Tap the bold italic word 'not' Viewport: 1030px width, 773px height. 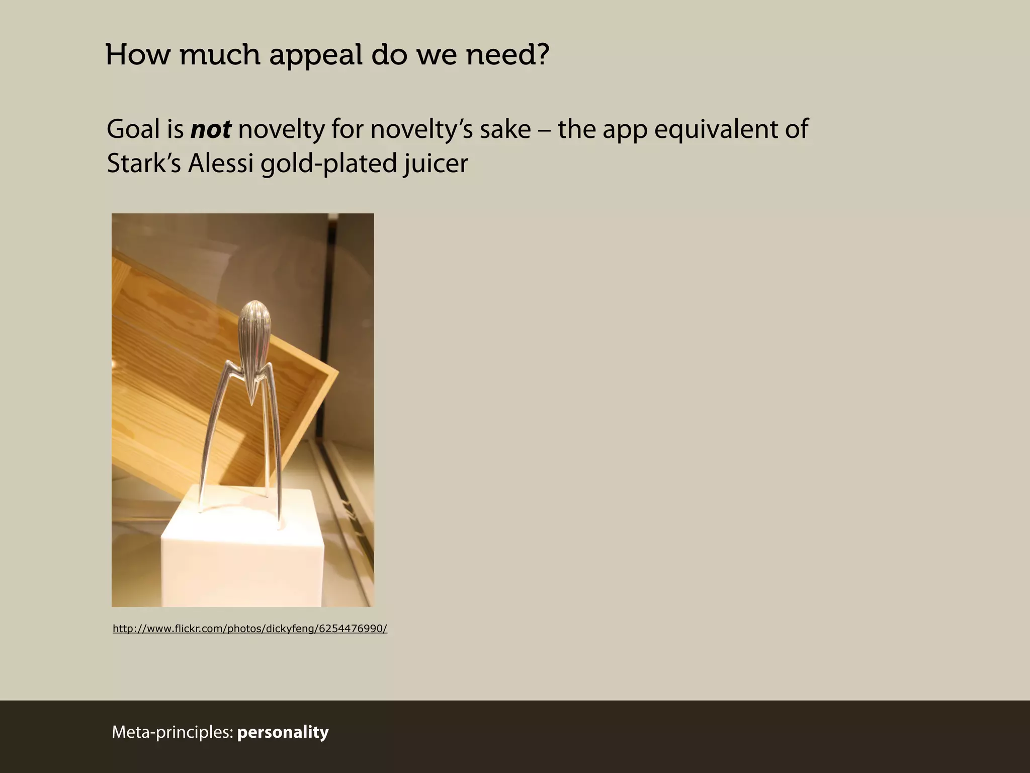coord(211,129)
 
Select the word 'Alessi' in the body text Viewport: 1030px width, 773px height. coord(221,164)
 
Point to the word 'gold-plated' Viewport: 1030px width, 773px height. coord(328,164)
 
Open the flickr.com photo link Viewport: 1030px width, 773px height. coord(249,629)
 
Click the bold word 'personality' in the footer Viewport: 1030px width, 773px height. coord(283,732)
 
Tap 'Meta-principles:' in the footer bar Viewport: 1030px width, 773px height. coord(173,732)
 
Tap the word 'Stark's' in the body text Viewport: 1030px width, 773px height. coord(144,164)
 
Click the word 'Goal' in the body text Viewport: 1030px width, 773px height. coord(134,129)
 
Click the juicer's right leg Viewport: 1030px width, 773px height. coord(275,453)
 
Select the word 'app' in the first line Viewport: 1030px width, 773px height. coord(625,129)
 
